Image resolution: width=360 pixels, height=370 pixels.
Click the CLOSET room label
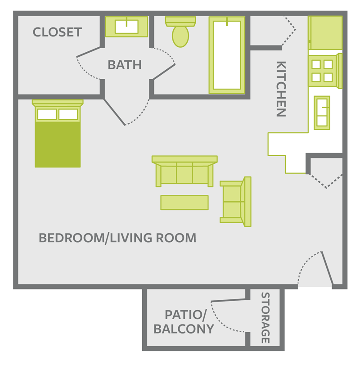57,32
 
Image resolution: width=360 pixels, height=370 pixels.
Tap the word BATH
125,65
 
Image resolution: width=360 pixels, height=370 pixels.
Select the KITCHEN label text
281,89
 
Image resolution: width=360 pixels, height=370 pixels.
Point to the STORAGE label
265,318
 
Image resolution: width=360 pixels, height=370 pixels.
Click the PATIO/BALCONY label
183,321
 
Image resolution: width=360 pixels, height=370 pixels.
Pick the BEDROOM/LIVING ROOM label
117,238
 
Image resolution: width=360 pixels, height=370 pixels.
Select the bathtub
227,55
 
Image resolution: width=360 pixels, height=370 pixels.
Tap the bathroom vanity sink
126,27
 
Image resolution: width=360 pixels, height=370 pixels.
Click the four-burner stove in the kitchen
323,71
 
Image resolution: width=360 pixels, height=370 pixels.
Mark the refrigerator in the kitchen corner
325,32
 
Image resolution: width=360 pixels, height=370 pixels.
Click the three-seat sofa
184,171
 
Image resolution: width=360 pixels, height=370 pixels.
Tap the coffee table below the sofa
184,203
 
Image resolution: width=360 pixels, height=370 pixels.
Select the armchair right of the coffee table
235,202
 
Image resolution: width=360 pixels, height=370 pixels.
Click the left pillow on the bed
47,114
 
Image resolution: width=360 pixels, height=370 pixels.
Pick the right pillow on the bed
68,114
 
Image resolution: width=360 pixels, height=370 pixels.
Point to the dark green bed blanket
58,144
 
